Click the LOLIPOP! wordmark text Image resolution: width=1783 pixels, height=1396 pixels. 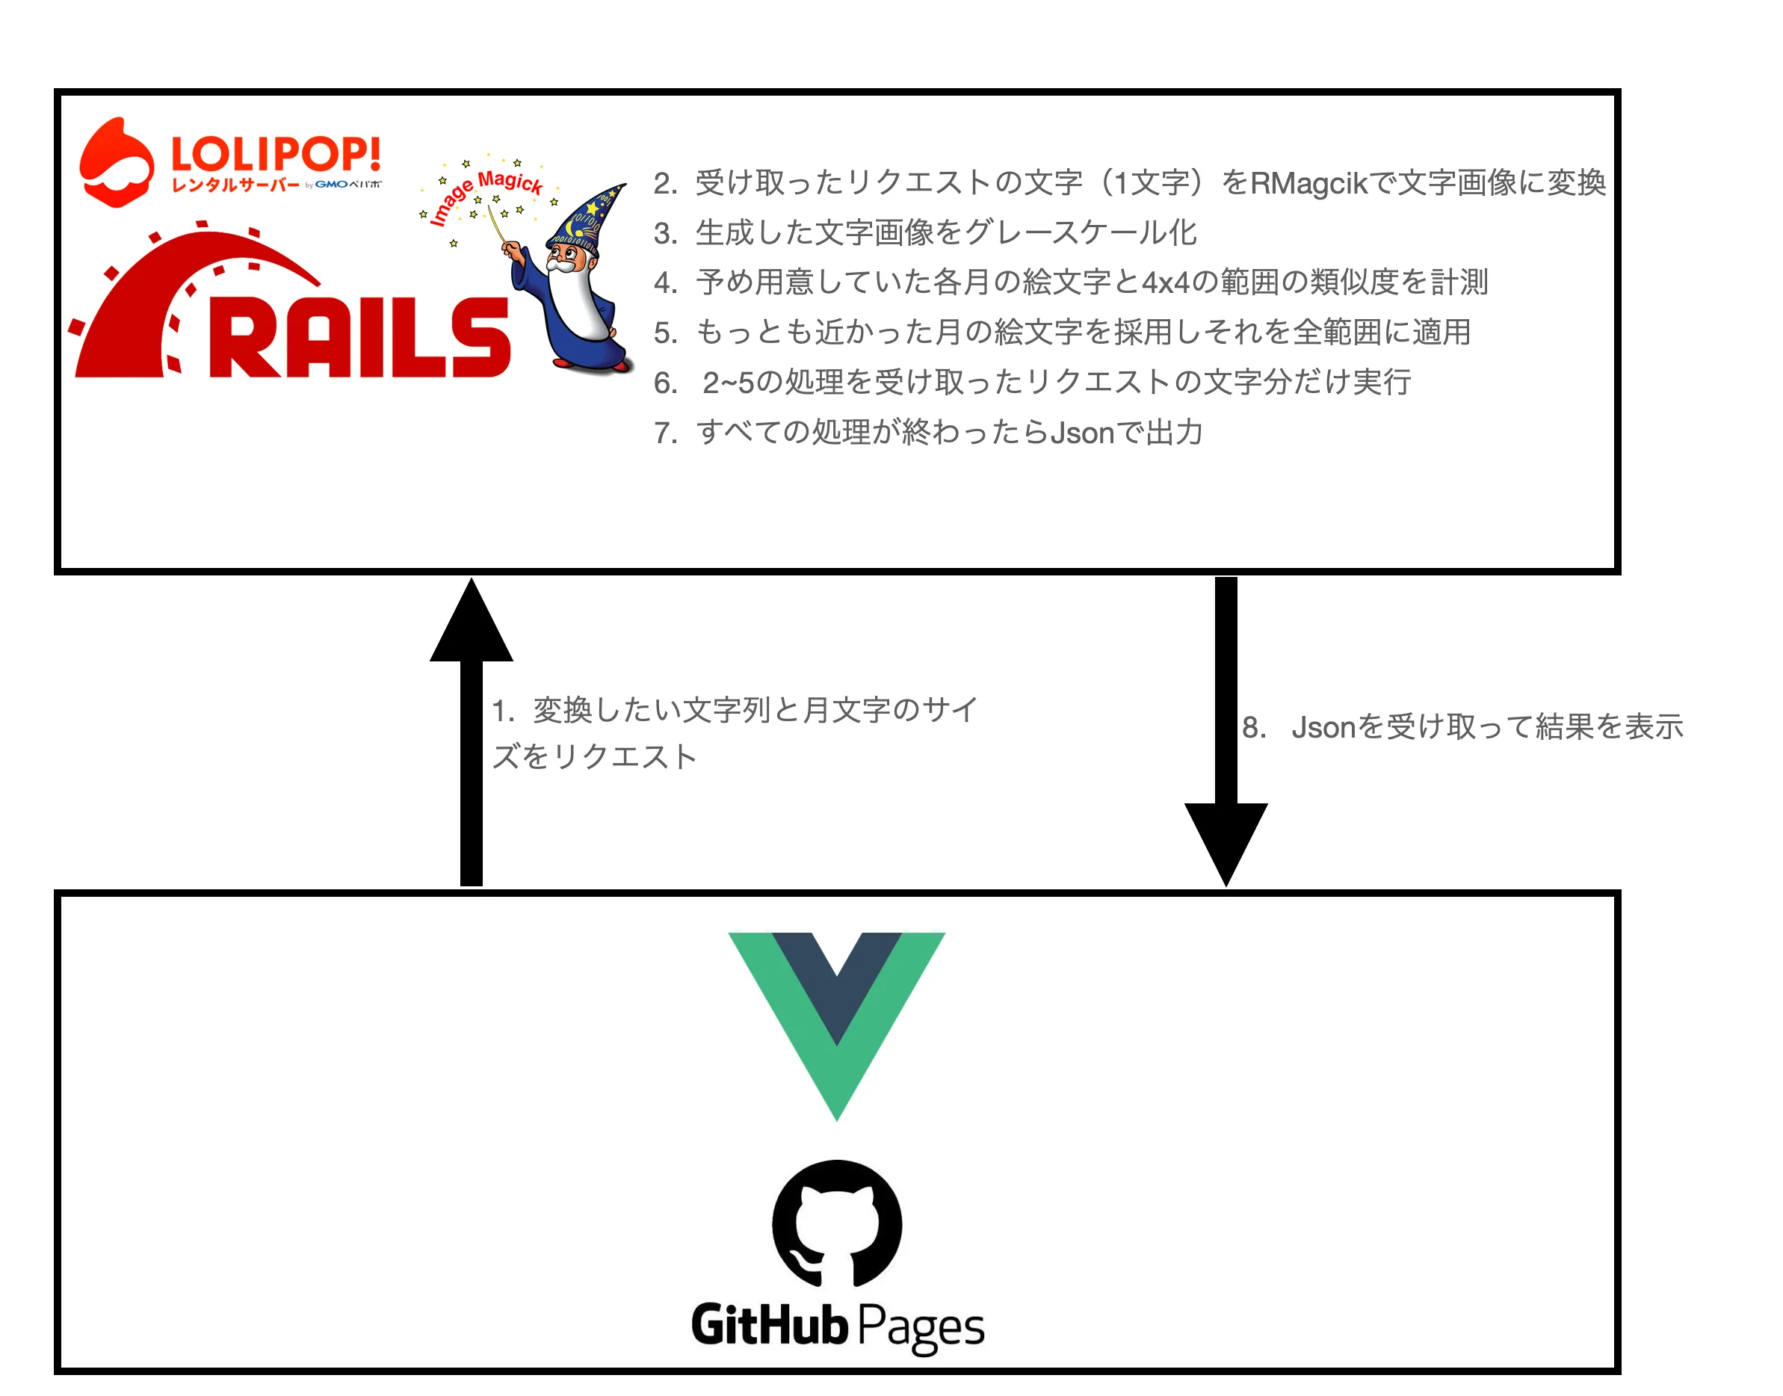click(x=276, y=154)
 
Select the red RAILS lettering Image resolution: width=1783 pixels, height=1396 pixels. click(x=359, y=337)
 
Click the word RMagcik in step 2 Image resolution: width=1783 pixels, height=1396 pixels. click(x=1308, y=183)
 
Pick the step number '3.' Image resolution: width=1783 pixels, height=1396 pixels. click(x=665, y=234)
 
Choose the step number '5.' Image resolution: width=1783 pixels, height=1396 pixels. click(x=665, y=333)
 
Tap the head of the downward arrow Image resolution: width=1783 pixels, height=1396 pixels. click(x=1226, y=841)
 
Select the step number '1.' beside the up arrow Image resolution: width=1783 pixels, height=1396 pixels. click(x=502, y=711)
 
